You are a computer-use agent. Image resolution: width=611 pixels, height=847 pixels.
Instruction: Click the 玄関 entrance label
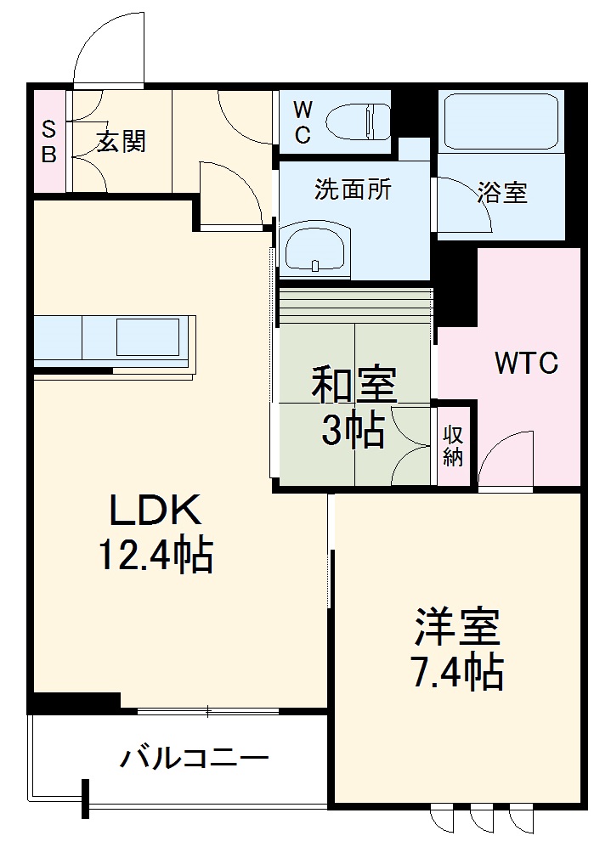[120, 141]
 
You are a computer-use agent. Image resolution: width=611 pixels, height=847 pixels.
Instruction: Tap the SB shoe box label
[49, 142]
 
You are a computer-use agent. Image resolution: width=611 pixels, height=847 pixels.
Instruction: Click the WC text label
[303, 121]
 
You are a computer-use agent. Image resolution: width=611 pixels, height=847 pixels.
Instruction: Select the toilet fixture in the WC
[359, 120]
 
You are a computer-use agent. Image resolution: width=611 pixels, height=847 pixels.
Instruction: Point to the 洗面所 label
[353, 190]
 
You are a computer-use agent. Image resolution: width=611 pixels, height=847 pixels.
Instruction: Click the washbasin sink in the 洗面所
[314, 251]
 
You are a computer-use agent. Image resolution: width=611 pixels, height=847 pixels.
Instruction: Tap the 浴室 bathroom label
[502, 192]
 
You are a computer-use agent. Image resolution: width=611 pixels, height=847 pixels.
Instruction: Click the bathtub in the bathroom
[501, 121]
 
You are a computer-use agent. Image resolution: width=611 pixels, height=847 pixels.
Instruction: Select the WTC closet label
[527, 364]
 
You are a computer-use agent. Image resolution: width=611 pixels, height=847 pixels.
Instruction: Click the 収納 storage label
[453, 445]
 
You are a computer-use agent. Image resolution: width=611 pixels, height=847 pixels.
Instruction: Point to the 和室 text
[354, 387]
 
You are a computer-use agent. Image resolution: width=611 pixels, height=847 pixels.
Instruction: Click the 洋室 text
[457, 628]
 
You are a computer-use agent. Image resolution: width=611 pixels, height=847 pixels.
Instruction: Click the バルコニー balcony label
[194, 756]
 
